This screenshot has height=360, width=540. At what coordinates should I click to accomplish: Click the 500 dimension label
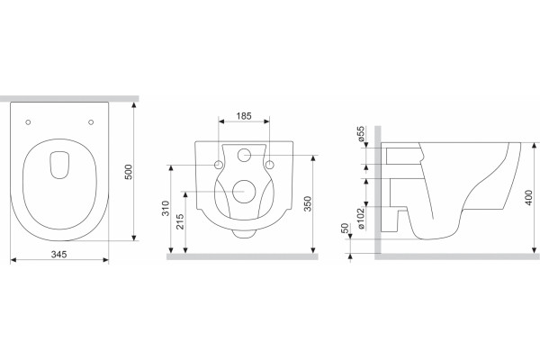tap(128, 172)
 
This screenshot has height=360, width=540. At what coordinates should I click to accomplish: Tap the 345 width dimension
tap(58, 254)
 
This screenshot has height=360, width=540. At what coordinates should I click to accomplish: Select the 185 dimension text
tap(244, 116)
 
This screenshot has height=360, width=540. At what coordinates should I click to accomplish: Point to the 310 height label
tap(166, 209)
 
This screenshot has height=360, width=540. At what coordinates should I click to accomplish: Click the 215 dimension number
tap(180, 222)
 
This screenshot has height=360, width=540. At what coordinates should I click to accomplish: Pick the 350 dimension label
tap(308, 203)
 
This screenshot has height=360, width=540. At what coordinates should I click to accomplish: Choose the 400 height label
tap(528, 198)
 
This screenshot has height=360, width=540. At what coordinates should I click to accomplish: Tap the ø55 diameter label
tap(361, 134)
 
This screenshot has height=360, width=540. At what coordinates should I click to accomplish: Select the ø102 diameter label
tap(361, 219)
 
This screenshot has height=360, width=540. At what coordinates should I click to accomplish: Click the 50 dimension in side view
tap(345, 228)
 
